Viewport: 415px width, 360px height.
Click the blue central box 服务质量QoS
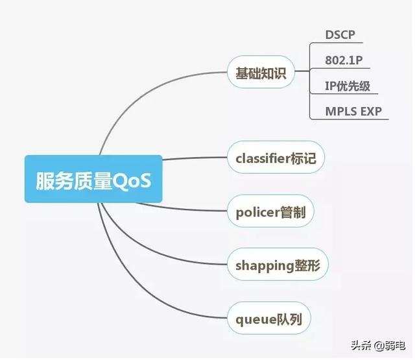(93, 180)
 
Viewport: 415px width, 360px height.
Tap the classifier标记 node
(276, 158)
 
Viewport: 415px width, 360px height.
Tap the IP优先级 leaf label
(348, 86)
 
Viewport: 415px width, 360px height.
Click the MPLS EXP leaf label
(354, 111)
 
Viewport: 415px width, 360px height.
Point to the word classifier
(263, 158)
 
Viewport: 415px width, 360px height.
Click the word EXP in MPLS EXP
(370, 111)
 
